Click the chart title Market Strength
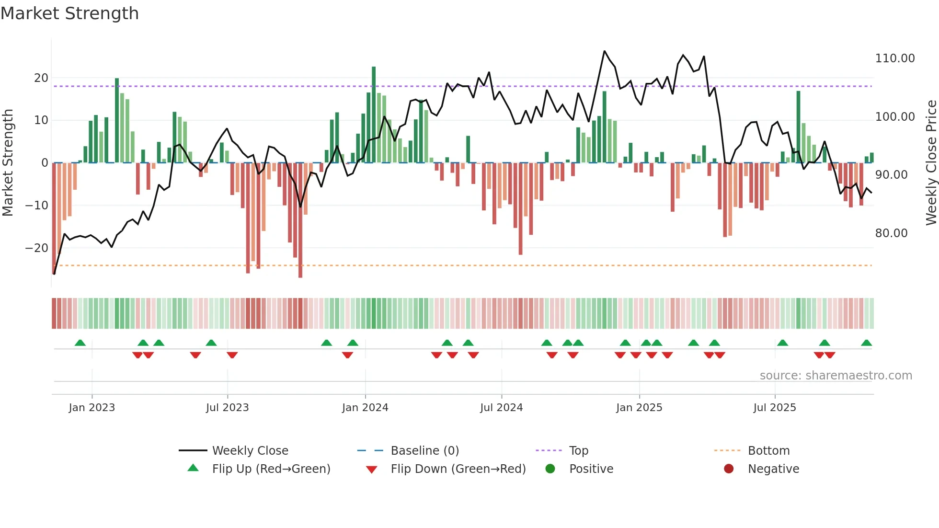[x=69, y=13]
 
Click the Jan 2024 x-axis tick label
[x=365, y=408]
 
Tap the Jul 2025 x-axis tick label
[x=775, y=408]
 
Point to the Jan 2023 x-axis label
[x=92, y=408]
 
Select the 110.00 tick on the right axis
[x=894, y=58]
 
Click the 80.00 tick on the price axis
[x=891, y=233]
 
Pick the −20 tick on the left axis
[x=36, y=248]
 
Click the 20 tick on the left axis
[x=41, y=78]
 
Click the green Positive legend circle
[x=550, y=469]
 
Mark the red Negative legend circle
[x=729, y=469]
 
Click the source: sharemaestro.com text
[x=836, y=376]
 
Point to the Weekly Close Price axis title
[x=931, y=163]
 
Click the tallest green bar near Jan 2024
[x=374, y=115]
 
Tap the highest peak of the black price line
[x=605, y=51]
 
